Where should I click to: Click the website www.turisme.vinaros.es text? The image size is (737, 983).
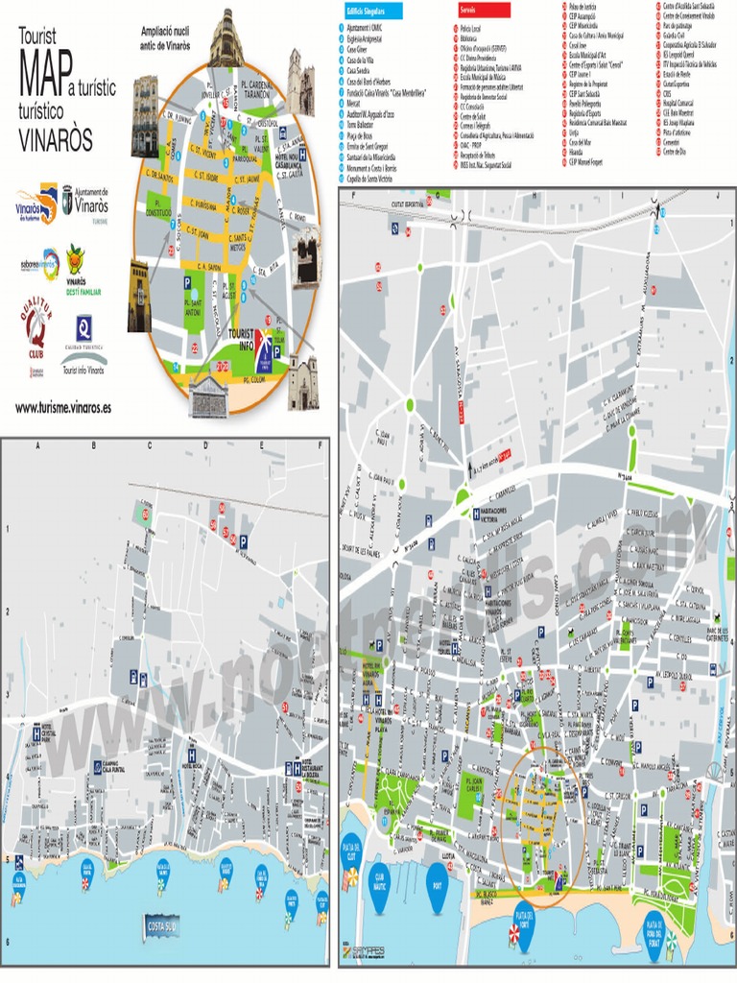(x=63, y=407)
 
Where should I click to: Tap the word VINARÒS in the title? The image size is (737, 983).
(x=56, y=140)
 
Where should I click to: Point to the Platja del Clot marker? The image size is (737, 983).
(x=353, y=851)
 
